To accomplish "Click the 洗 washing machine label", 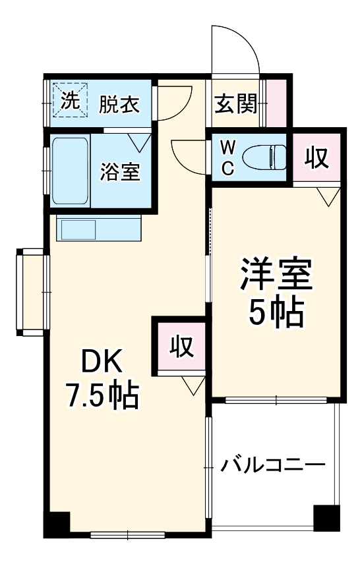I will [x=70, y=101].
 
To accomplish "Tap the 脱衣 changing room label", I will [x=120, y=104].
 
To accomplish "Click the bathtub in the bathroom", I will [x=69, y=171].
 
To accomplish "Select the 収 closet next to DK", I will [x=180, y=346].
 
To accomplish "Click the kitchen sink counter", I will [x=98, y=229].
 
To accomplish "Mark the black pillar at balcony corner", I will [x=326, y=518].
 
